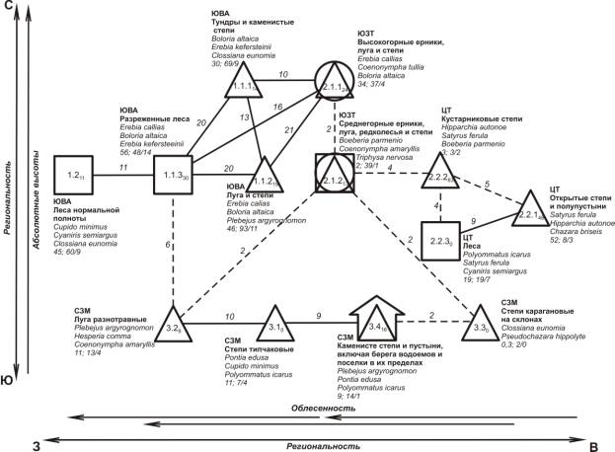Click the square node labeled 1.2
click(x=73, y=176)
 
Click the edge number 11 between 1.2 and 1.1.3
click(x=122, y=169)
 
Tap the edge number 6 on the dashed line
click(x=169, y=244)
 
